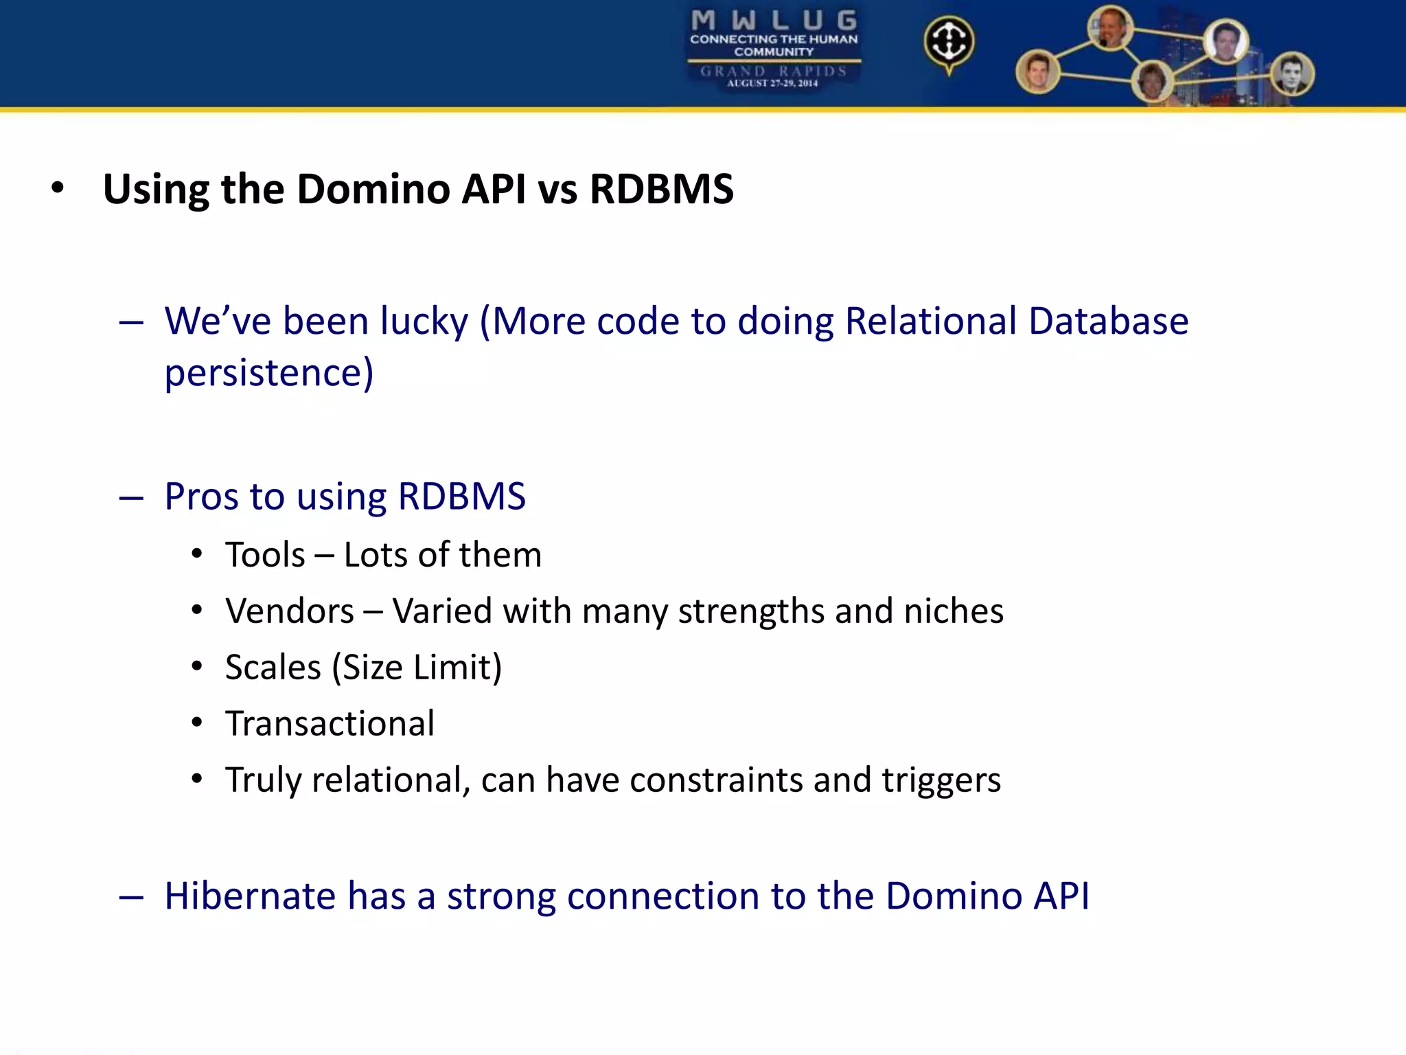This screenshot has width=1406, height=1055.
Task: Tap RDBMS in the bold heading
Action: pos(661,189)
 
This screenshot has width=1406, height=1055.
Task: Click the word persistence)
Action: pos(269,373)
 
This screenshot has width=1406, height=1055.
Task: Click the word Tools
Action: pos(265,555)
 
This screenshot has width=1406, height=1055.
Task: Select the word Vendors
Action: pos(290,611)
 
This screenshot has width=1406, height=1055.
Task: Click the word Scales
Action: pos(273,668)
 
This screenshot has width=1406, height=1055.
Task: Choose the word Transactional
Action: pos(330,724)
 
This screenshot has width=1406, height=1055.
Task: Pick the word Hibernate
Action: pos(250,896)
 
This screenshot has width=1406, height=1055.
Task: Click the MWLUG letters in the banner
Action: pos(774,20)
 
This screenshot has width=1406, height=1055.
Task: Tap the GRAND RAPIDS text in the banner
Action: pos(773,71)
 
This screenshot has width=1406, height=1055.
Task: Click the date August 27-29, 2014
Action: pos(772,84)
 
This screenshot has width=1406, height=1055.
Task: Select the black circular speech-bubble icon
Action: pos(949,42)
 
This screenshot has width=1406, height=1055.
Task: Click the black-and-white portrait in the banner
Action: pos(1292,74)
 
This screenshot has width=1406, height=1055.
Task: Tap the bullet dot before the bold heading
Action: pos(58,188)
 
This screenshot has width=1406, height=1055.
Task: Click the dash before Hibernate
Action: pos(130,897)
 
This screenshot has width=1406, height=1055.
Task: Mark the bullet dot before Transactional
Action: pos(197,723)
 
